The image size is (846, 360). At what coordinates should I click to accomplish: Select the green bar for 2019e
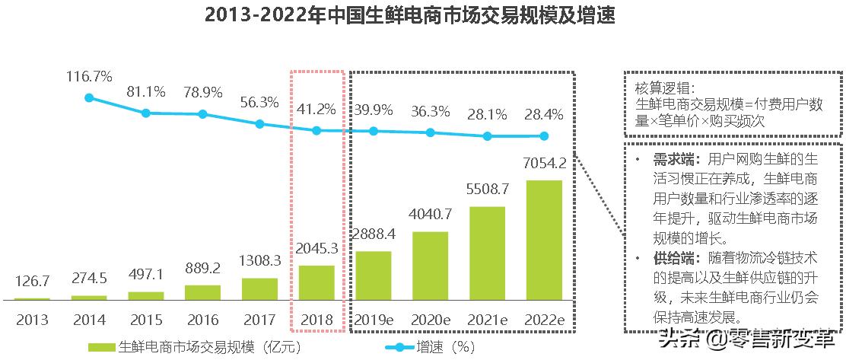pyautogui.click(x=373, y=276)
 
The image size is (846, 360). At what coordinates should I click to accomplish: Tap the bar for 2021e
pyautogui.click(x=487, y=253)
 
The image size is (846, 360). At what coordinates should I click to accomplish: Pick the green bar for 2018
pyautogui.click(x=316, y=282)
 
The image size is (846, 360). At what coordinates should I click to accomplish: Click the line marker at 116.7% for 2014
pyautogui.click(x=89, y=98)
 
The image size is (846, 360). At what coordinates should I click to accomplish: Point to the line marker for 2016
pyautogui.click(x=202, y=114)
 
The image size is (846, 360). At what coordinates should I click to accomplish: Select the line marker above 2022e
pyautogui.click(x=544, y=137)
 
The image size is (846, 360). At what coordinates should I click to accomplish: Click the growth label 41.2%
pyautogui.click(x=316, y=110)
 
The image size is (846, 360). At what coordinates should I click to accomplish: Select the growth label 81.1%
pyautogui.click(x=146, y=92)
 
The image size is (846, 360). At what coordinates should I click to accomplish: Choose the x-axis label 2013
pyautogui.click(x=32, y=320)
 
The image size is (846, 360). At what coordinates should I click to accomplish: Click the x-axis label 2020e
pyautogui.click(x=430, y=320)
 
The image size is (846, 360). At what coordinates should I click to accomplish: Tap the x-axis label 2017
pyautogui.click(x=259, y=320)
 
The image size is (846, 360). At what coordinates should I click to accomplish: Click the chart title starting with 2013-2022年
pyautogui.click(x=409, y=16)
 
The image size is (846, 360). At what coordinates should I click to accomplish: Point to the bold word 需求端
pyautogui.click(x=671, y=160)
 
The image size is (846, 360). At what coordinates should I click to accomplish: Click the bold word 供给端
pyautogui.click(x=671, y=259)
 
